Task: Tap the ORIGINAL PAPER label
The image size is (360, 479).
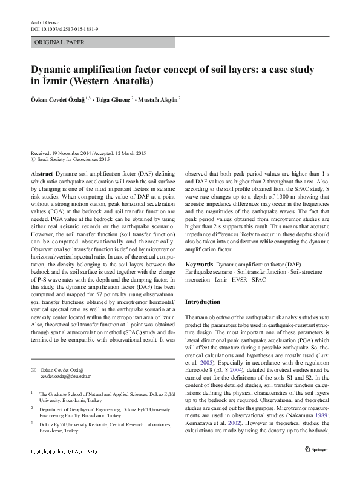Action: click(x=59, y=42)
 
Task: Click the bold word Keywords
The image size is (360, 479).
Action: click(x=198, y=265)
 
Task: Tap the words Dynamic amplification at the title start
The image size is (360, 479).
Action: click(x=83, y=70)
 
